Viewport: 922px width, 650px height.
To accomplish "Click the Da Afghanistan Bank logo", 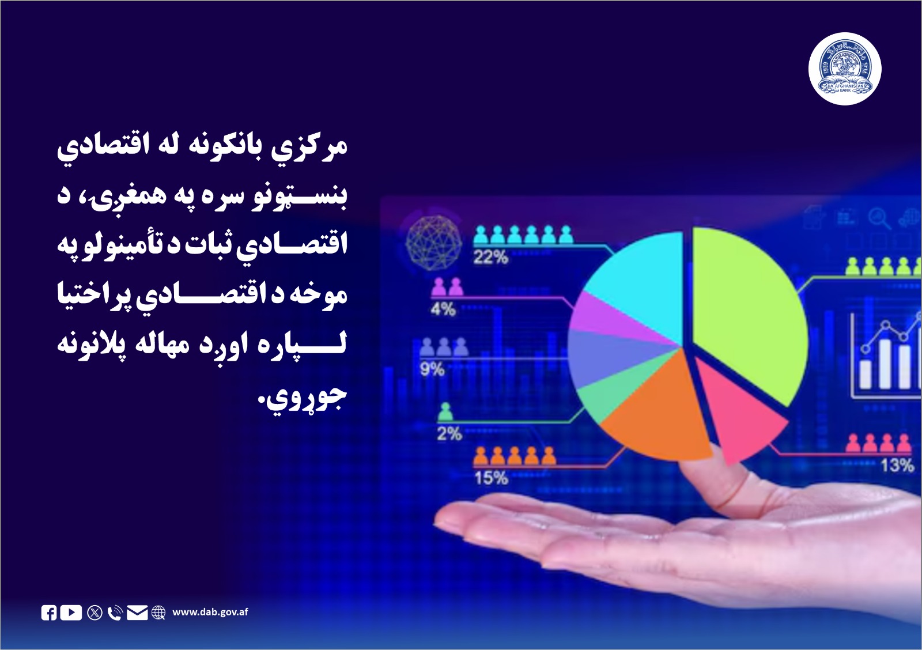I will [x=845, y=69].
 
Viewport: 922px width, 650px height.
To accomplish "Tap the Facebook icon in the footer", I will [x=49, y=613].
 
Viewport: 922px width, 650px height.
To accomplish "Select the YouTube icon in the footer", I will [x=71, y=612].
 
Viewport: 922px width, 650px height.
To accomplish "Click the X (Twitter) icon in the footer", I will [x=95, y=613].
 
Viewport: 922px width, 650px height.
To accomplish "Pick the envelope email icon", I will [x=137, y=613].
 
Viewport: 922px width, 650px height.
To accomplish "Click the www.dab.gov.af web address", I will [x=210, y=612].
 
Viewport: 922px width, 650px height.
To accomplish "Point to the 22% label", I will [x=490, y=257].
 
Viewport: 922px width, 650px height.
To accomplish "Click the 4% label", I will [x=443, y=309].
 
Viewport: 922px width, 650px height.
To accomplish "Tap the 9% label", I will [x=432, y=369].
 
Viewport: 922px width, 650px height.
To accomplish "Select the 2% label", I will [x=449, y=433].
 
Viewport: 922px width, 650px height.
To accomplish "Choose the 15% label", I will [x=491, y=478].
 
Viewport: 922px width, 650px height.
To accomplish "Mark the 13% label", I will [x=897, y=465].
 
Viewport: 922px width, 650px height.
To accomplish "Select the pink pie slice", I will [x=740, y=415].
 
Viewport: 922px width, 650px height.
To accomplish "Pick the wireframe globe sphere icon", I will [x=434, y=242].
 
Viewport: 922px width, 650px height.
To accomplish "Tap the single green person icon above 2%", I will [x=445, y=412].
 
